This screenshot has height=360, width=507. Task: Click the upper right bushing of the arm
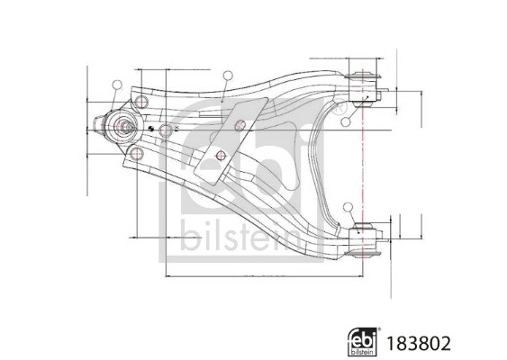point(368,79)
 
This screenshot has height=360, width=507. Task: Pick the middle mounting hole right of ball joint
point(166,130)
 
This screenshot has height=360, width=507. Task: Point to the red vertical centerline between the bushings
point(363,162)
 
